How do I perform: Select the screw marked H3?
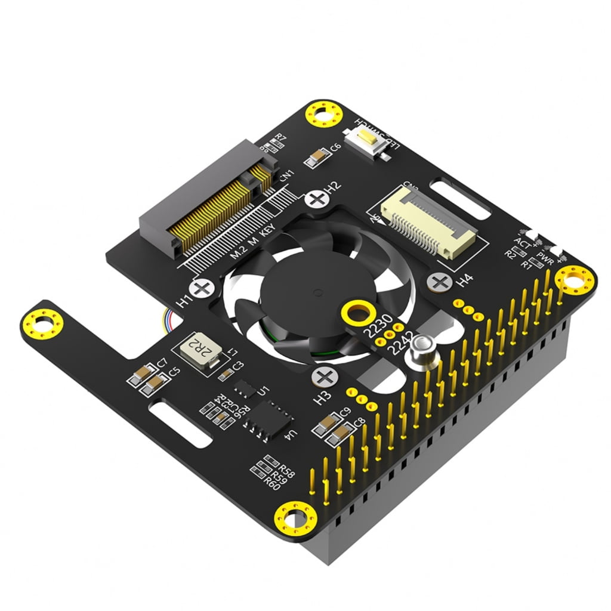[x=325, y=377]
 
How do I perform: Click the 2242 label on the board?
[x=398, y=346]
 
